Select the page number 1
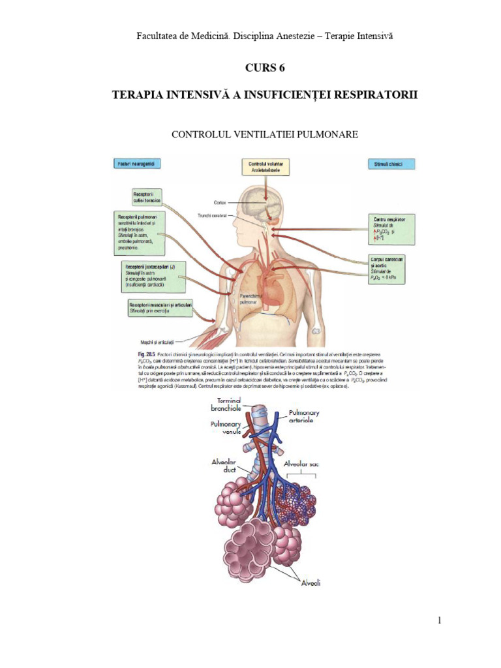point(440,620)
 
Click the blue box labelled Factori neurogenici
point(136,163)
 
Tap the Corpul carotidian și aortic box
point(387,268)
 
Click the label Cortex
point(220,203)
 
